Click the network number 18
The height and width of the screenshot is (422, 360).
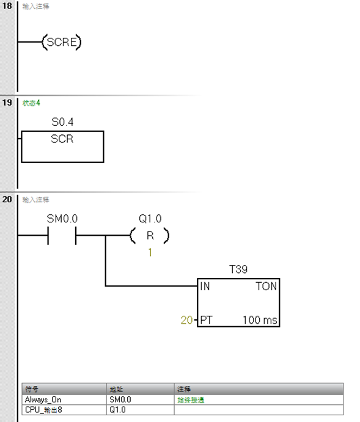point(7,6)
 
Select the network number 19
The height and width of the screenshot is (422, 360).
point(7,103)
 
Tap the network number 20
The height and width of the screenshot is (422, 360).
point(7,199)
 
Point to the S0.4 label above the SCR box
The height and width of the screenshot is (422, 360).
point(62,122)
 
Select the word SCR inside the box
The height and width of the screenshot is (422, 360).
point(62,139)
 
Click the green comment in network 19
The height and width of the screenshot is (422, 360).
point(31,103)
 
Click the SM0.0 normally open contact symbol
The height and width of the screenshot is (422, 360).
point(62,236)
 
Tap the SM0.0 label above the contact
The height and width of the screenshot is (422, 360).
point(62,219)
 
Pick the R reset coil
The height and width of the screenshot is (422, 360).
point(150,236)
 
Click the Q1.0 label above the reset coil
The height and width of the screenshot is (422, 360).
point(150,219)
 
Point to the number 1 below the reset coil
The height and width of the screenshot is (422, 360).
point(150,252)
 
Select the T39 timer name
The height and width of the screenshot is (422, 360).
point(238,269)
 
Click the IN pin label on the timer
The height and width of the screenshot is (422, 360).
point(205,286)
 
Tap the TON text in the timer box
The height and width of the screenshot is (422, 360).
point(266,286)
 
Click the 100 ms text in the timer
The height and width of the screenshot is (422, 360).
point(260,320)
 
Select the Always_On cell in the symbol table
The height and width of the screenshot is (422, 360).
point(43,400)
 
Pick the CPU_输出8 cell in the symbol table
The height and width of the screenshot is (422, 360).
point(43,410)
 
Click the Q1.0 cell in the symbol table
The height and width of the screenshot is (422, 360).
point(117,410)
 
